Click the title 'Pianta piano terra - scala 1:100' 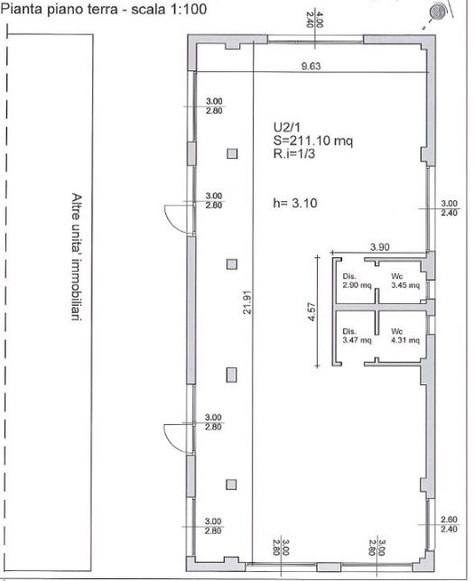(x=104, y=9)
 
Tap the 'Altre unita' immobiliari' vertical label (x=77, y=256)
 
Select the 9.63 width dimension (x=311, y=66)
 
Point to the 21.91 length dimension (x=247, y=302)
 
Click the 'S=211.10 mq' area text (x=313, y=141)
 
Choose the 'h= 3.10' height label (x=295, y=203)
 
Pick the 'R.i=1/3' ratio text (x=294, y=153)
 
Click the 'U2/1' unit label (x=287, y=127)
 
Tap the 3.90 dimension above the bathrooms (x=380, y=247)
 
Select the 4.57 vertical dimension (x=311, y=311)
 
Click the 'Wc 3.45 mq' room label (x=405, y=281)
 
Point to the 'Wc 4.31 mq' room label (x=405, y=336)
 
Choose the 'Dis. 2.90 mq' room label (x=357, y=281)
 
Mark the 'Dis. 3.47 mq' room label (x=357, y=336)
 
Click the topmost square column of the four (x=232, y=153)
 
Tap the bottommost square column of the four (x=231, y=484)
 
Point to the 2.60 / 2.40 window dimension (x=449, y=524)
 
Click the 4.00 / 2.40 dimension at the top (x=314, y=20)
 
